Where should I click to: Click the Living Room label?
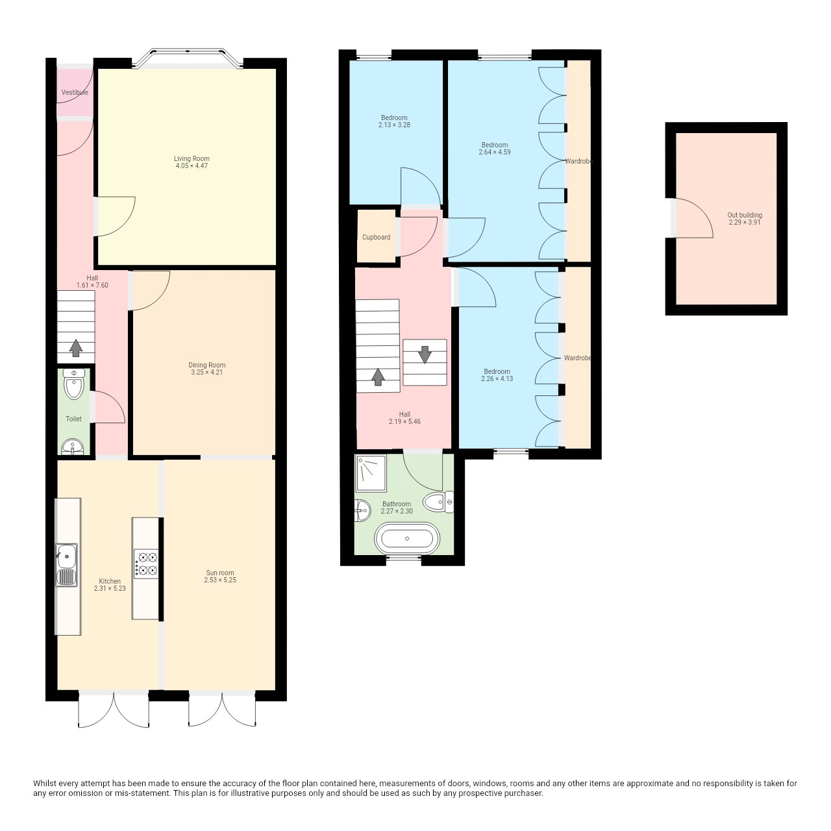pyautogui.click(x=192, y=158)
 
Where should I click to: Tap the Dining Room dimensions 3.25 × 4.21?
pyautogui.click(x=207, y=372)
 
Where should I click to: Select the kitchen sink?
pyautogui.click(x=66, y=565)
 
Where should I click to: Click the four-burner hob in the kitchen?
pyautogui.click(x=146, y=564)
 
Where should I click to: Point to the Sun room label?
pyautogui.click(x=220, y=573)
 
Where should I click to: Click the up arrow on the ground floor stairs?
pyautogui.click(x=76, y=348)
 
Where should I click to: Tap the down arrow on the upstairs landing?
pyautogui.click(x=425, y=354)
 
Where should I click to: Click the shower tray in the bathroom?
pyautogui.click(x=371, y=473)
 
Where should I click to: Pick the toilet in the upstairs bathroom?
pyautogui.click(x=438, y=502)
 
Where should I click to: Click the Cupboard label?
pyautogui.click(x=376, y=237)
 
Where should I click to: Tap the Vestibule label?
pyautogui.click(x=75, y=92)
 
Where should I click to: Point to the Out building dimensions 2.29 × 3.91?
pyautogui.click(x=745, y=223)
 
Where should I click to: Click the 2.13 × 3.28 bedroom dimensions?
pyautogui.click(x=394, y=125)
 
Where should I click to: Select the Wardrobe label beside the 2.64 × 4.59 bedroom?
pyautogui.click(x=578, y=161)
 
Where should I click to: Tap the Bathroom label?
pyautogui.click(x=396, y=504)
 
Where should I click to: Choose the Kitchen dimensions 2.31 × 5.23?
pyautogui.click(x=110, y=588)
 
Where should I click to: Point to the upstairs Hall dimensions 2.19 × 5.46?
pyautogui.click(x=404, y=421)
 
